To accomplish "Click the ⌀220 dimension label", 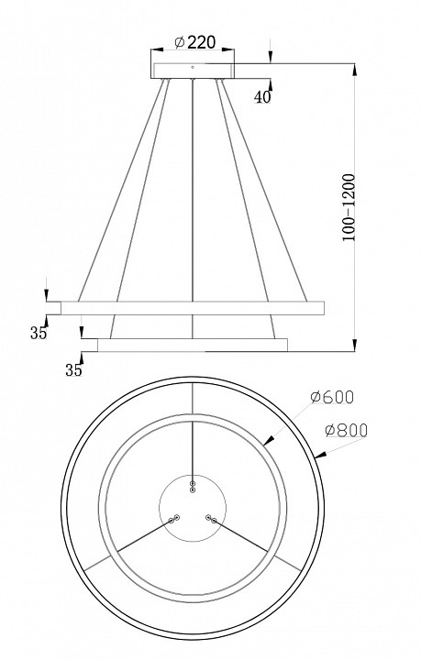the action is (x=195, y=42).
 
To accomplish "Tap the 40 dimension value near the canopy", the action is (x=262, y=97).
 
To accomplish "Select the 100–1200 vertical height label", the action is (x=349, y=206).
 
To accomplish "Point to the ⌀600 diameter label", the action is (x=332, y=397).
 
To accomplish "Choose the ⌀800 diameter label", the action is (x=347, y=430).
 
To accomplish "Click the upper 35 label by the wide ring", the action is (x=39, y=333).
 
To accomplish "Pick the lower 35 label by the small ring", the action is (x=73, y=370).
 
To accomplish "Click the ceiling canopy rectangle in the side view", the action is (x=194, y=71).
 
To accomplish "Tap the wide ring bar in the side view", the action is (x=193, y=308).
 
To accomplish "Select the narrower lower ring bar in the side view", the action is (x=193, y=346).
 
